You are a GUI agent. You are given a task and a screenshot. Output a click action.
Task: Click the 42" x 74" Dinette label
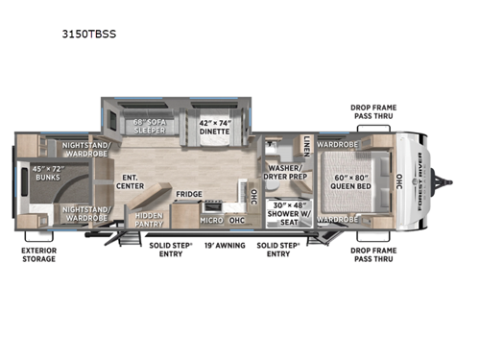(x=214, y=127)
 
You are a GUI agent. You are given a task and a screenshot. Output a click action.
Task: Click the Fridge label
(x=188, y=195)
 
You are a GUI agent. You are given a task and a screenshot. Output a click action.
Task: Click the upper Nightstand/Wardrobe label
(x=85, y=150)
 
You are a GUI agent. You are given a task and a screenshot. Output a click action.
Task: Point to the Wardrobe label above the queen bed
(x=337, y=145)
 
